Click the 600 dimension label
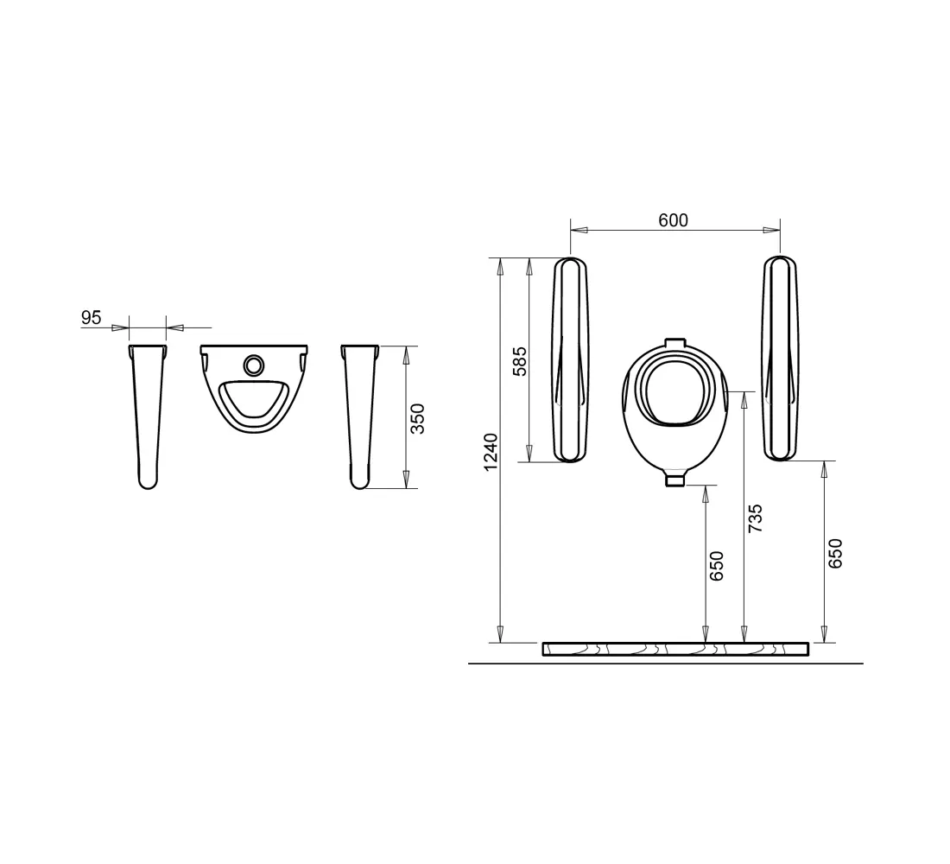tap(673, 219)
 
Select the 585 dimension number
tap(520, 361)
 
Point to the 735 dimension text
tap(755, 518)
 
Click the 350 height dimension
tap(417, 418)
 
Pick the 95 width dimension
tap(91, 317)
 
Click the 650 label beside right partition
tap(835, 553)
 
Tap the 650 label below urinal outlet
tap(717, 566)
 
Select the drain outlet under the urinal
tap(675, 480)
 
